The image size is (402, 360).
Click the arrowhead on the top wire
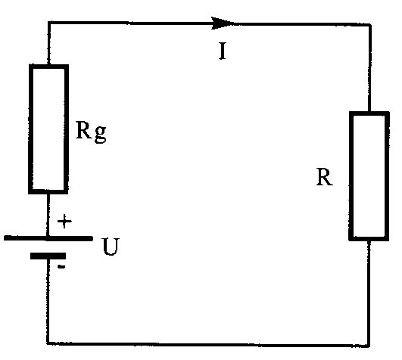pyautogui.click(x=222, y=23)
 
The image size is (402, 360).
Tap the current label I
pyautogui.click(x=223, y=51)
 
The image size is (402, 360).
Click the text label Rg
pyautogui.click(x=91, y=132)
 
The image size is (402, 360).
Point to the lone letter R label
pyautogui.click(x=325, y=177)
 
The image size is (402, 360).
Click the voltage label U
pyautogui.click(x=111, y=247)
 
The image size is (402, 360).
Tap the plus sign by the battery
pyautogui.click(x=64, y=222)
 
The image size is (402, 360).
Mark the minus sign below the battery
pyautogui.click(x=61, y=267)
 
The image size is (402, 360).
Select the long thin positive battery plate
pyautogui.click(x=48, y=238)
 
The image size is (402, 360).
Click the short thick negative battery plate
pyautogui.click(x=48, y=256)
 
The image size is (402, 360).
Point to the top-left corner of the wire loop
pyautogui.click(x=48, y=23)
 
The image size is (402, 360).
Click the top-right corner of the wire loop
pyautogui.click(x=370, y=25)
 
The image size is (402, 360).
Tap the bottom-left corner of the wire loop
pyautogui.click(x=48, y=343)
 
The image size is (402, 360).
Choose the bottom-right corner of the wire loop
pyautogui.click(x=369, y=346)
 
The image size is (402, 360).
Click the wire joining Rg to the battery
pyautogui.click(x=48, y=215)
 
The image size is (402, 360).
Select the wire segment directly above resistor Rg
pyautogui.click(x=48, y=44)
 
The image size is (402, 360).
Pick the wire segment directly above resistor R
pyautogui.click(x=369, y=68)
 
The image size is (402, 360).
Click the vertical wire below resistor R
pyautogui.click(x=369, y=293)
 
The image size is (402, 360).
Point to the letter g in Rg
pyautogui.click(x=100, y=134)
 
